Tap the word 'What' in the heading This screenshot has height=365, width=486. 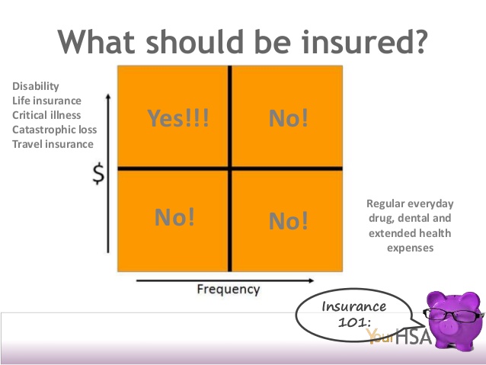97,41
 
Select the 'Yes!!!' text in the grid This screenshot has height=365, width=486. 178,118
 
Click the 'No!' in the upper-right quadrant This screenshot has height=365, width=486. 289,118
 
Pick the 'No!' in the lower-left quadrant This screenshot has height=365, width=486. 174,217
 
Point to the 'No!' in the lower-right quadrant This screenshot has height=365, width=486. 289,220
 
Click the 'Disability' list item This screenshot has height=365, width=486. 36,86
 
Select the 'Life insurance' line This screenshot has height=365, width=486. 46,101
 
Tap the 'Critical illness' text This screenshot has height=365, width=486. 46,115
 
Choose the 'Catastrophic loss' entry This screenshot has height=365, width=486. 55,130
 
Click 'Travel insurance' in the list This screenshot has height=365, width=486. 53,144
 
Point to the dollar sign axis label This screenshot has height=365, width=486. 99,174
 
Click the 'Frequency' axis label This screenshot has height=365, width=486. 229,289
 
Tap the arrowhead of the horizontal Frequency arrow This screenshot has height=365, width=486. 312,280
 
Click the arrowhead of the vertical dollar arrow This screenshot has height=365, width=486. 108,96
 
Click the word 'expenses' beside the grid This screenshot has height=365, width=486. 410,248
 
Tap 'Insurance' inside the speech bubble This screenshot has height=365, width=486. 354,306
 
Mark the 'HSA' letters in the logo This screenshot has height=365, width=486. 413,337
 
